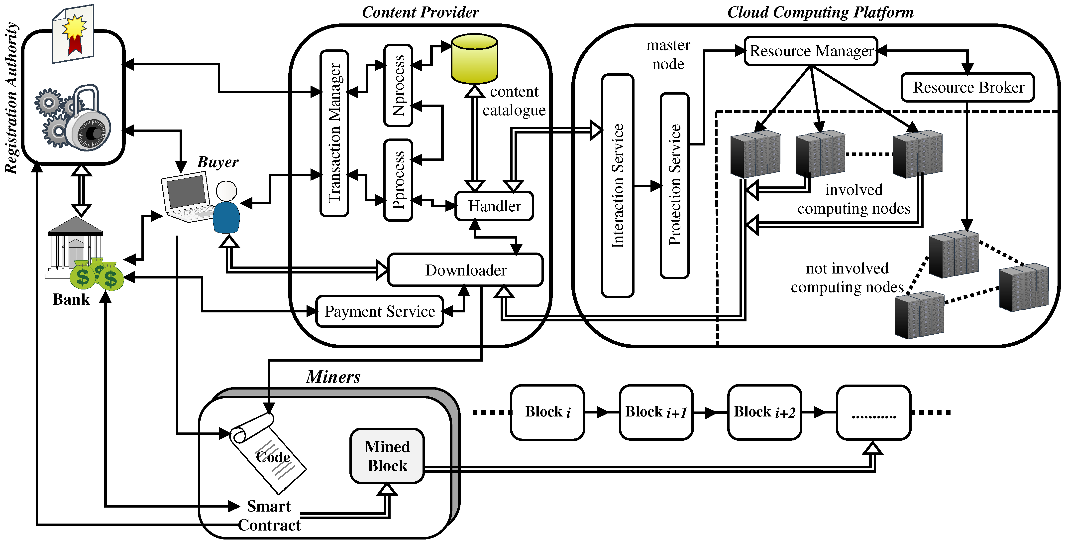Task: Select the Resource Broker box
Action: tap(967, 87)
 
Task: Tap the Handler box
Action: tap(494, 206)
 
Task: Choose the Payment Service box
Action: tap(379, 311)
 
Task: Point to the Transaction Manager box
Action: tap(334, 133)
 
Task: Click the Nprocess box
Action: tap(398, 85)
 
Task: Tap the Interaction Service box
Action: tap(618, 186)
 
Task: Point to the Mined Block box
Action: tap(387, 456)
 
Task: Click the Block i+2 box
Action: tap(765, 412)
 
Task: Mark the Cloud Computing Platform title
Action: tap(820, 12)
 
